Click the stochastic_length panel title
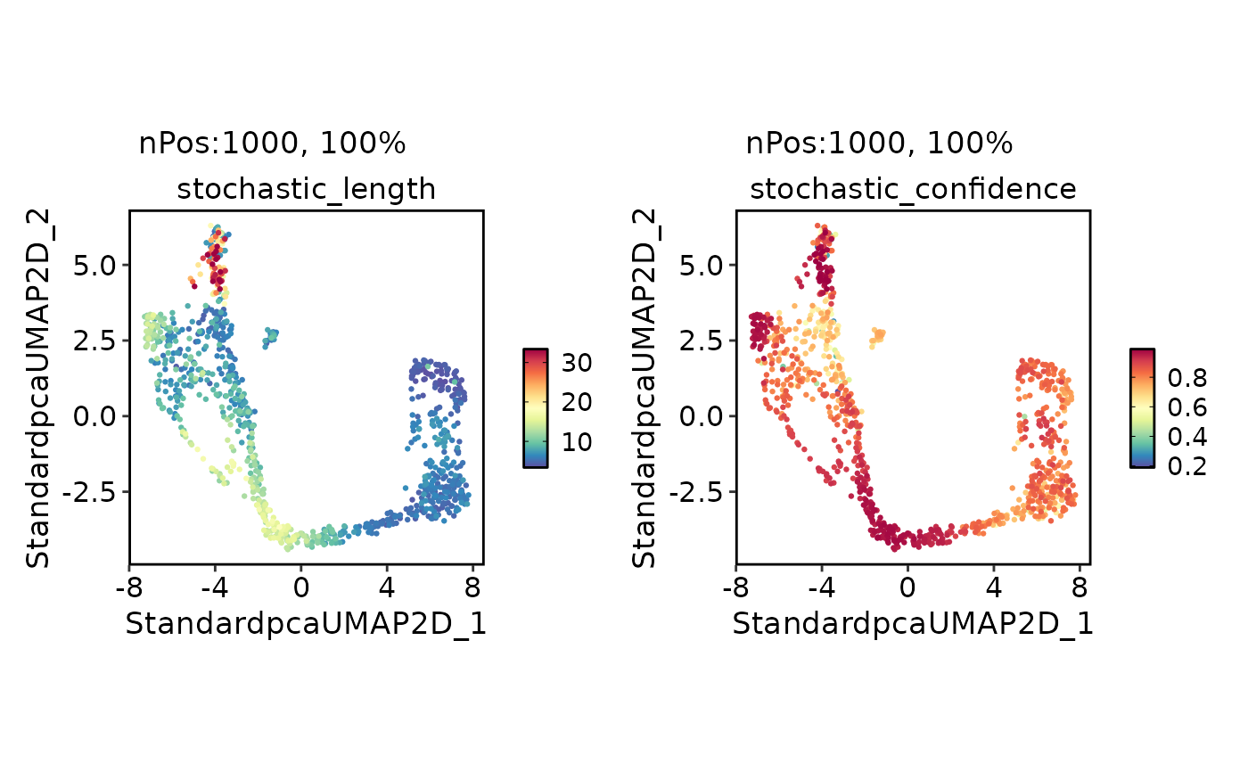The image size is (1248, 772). (x=306, y=189)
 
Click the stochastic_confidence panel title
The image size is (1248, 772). (x=913, y=189)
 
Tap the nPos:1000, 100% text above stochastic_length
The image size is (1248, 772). (x=272, y=144)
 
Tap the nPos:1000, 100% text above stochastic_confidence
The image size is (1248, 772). (x=879, y=144)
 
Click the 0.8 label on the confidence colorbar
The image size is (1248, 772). (x=1186, y=378)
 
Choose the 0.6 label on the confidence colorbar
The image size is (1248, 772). (x=1186, y=407)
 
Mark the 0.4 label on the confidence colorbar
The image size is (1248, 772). (x=1186, y=437)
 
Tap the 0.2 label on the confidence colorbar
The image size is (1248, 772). (x=1186, y=466)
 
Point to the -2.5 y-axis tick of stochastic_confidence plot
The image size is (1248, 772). (x=702, y=491)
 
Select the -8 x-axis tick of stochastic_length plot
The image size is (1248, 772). (x=129, y=588)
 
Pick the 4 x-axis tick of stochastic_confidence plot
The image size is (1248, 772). (x=993, y=588)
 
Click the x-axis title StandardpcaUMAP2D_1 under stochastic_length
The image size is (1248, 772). (x=306, y=624)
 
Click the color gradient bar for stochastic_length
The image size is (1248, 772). (x=535, y=407)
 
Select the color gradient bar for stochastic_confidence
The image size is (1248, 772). (x=1142, y=407)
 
